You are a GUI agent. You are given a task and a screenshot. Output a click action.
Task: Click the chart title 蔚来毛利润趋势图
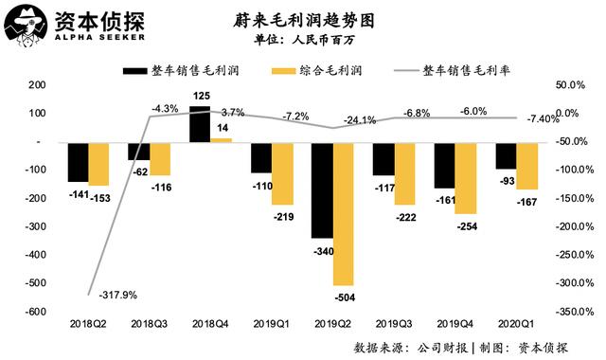click(298, 19)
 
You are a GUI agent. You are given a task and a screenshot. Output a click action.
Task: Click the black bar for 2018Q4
click(200, 124)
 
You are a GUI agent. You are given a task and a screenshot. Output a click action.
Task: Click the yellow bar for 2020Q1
click(527, 166)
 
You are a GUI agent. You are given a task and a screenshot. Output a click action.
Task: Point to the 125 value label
click(201, 96)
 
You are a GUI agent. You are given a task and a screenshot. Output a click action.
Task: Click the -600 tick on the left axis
click(33, 312)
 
